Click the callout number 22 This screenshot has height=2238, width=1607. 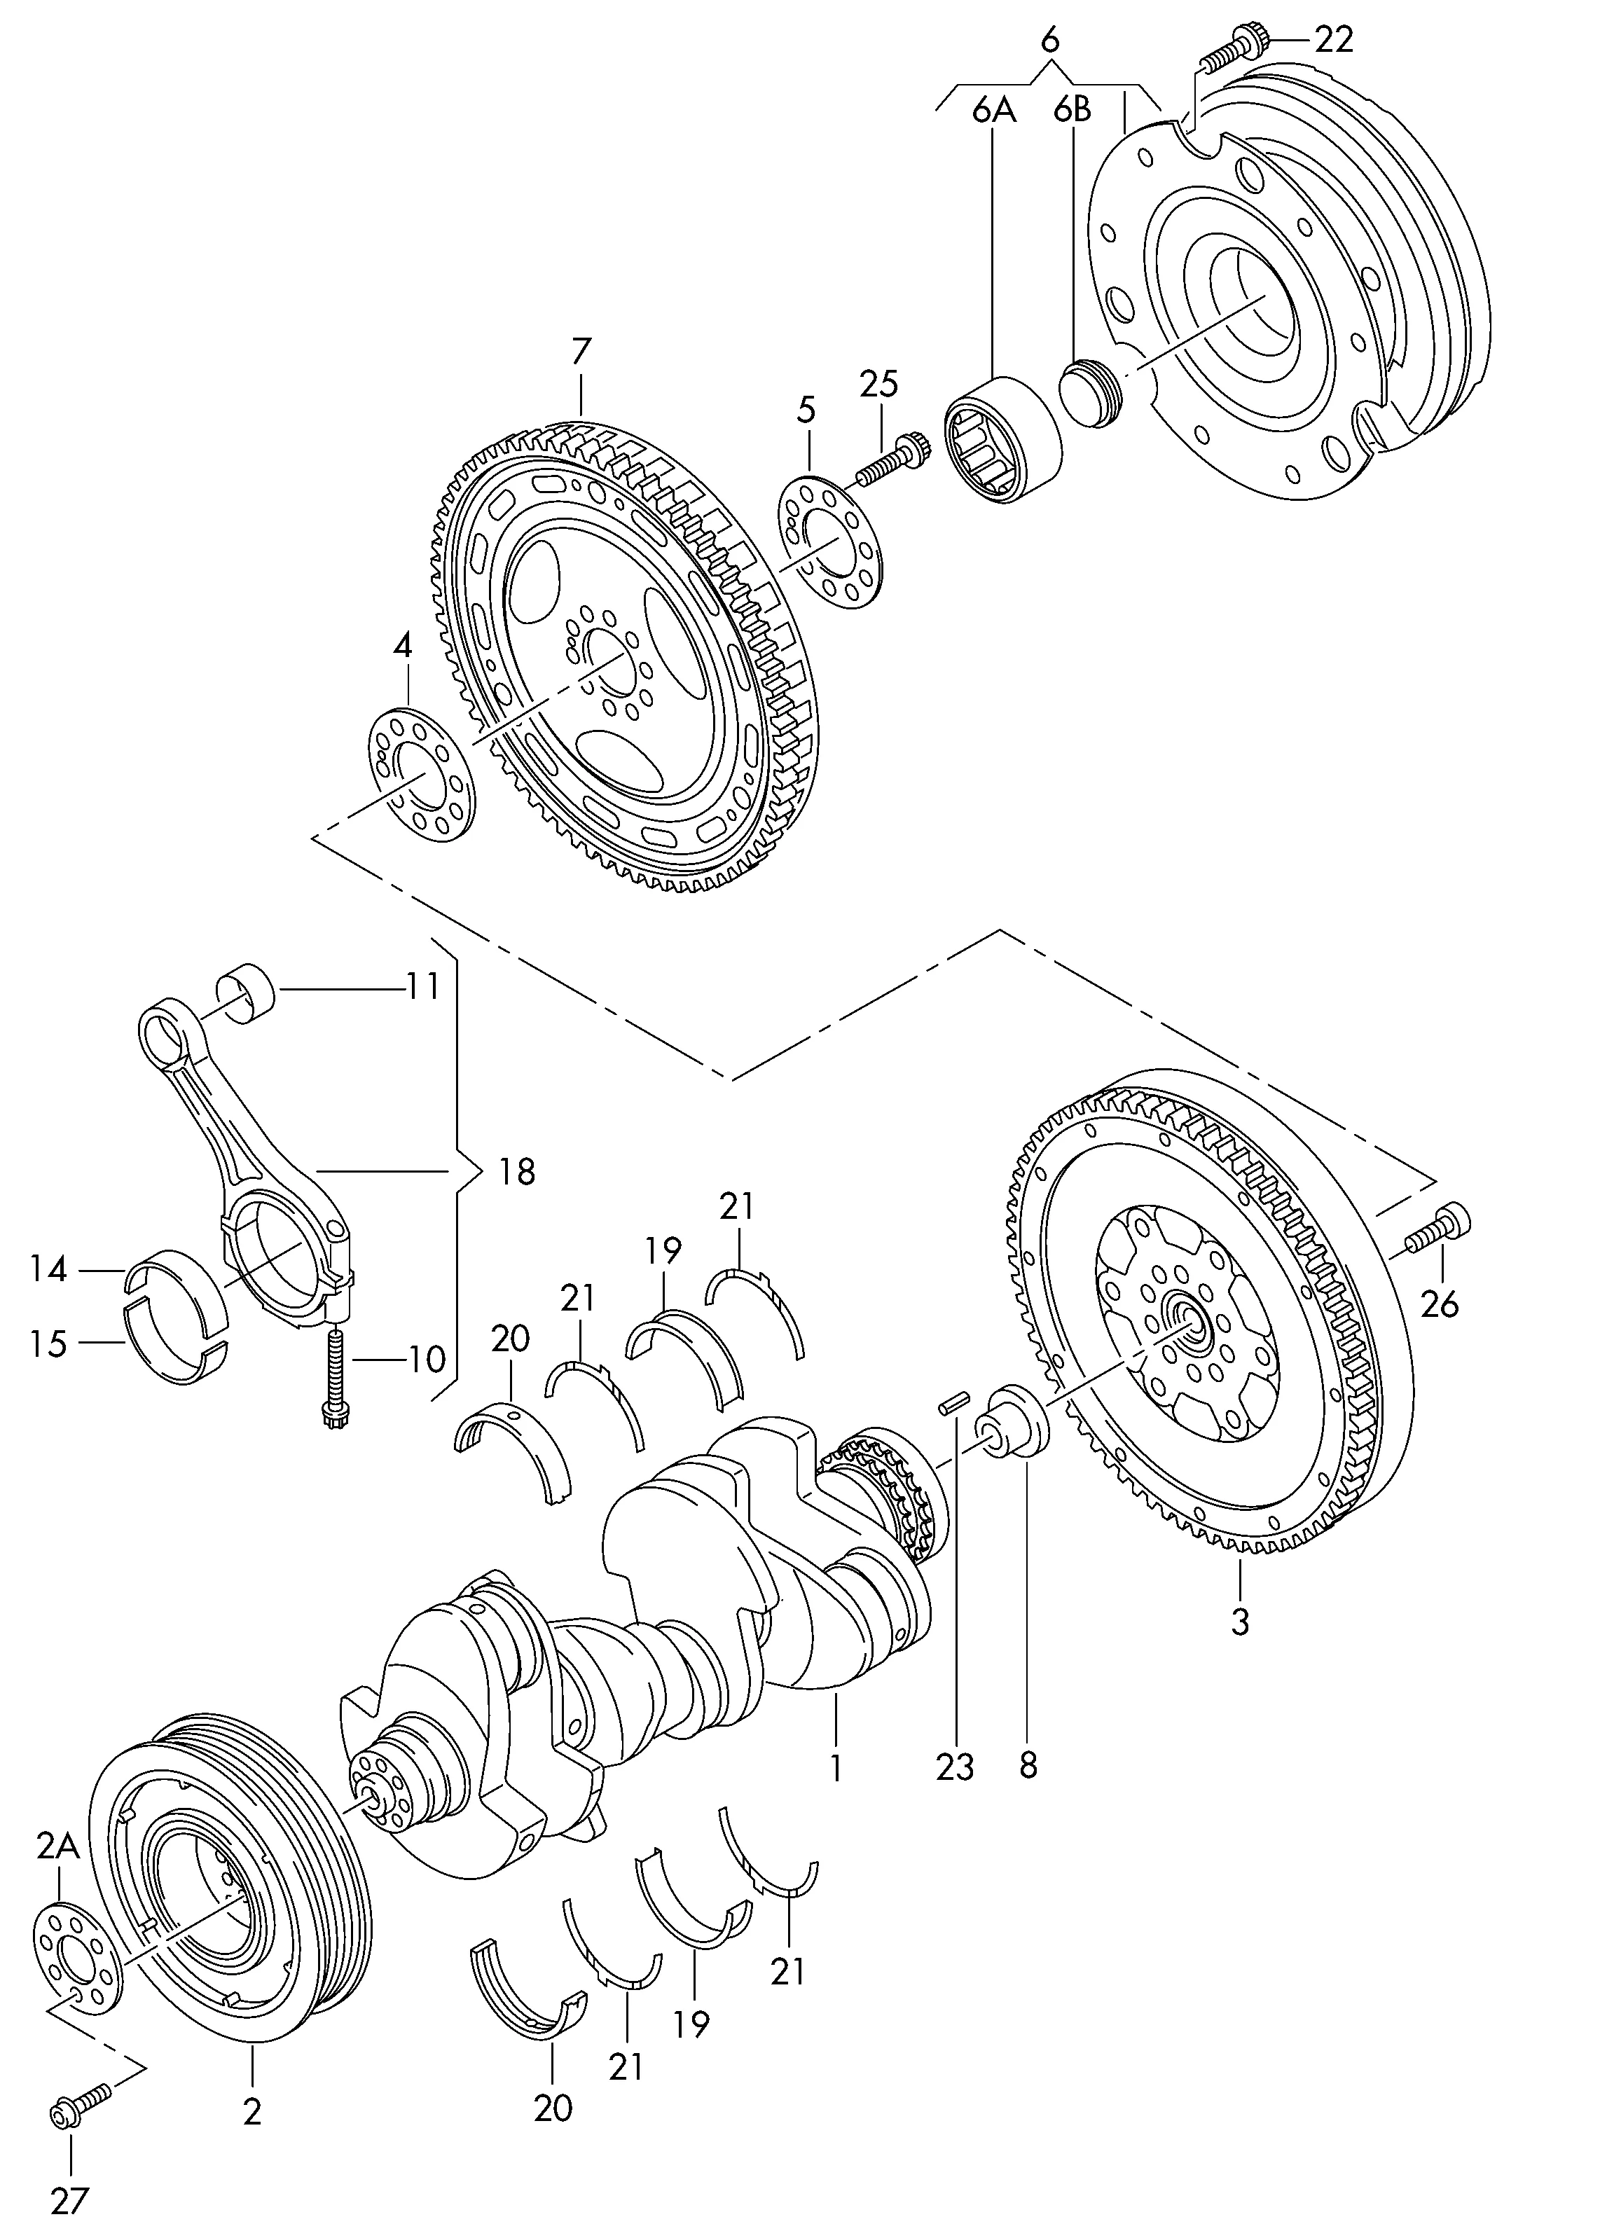(1332, 39)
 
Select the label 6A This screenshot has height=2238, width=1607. (993, 111)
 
